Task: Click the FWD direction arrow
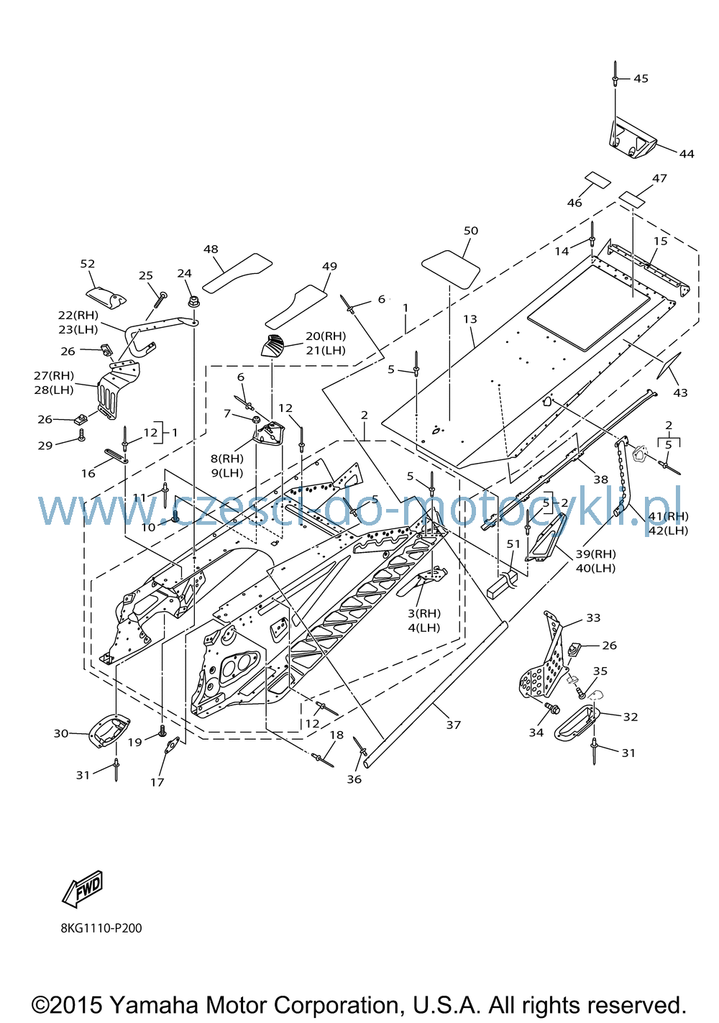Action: click(x=82, y=889)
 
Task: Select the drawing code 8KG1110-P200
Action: click(x=101, y=928)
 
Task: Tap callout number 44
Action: click(x=686, y=154)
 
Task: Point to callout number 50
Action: click(x=470, y=231)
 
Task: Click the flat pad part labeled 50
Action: click(x=450, y=269)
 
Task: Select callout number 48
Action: click(x=211, y=249)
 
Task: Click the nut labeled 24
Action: click(x=193, y=302)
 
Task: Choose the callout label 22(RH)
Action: click(x=78, y=315)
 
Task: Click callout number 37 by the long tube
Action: click(x=453, y=725)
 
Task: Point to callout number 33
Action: click(x=593, y=618)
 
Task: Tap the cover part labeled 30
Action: click(x=109, y=730)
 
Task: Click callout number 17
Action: click(x=157, y=782)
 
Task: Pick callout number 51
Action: click(x=513, y=544)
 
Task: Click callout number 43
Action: click(x=680, y=393)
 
